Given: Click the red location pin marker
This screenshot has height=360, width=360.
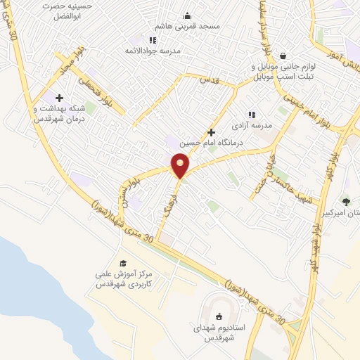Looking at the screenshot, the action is coord(181,165).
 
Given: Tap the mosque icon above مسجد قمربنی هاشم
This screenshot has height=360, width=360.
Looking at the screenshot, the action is coord(187,16).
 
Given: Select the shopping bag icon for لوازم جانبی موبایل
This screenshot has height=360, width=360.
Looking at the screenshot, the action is coord(283,56).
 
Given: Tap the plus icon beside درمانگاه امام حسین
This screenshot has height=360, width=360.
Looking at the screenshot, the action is coord(211,132).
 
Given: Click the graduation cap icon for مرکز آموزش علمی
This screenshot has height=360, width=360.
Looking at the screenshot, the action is coord(123,263).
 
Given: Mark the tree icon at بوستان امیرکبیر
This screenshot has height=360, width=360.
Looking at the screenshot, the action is coord(346,201).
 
